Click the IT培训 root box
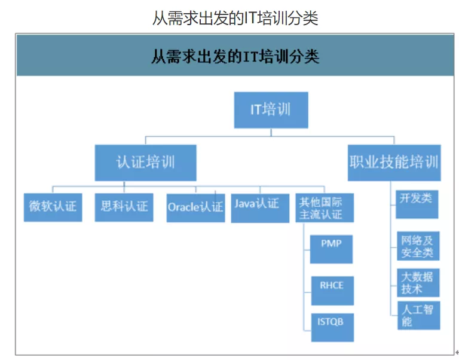tap(271, 110)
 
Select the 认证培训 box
tap(145, 162)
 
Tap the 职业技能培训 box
tap(394, 162)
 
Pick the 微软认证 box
tap(53, 207)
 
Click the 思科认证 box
tap(124, 207)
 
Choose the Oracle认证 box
tap(195, 208)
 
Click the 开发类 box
tap(417, 203)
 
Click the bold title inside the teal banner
tap(235, 57)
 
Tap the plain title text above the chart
tap(235, 18)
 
